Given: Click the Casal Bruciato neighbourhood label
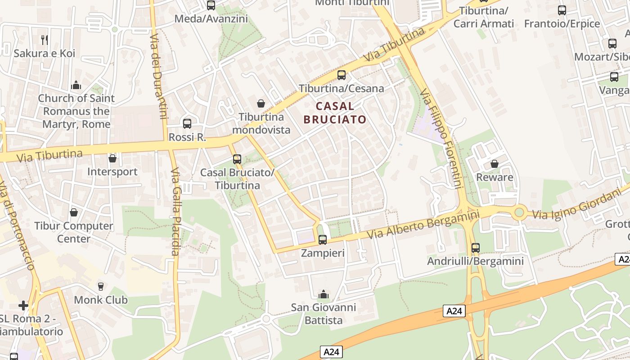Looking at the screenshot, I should [x=335, y=112].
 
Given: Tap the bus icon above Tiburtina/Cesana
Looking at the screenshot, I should [x=342, y=75].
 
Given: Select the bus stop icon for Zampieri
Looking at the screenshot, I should [x=322, y=240].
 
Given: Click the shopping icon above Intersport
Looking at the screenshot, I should [x=112, y=158].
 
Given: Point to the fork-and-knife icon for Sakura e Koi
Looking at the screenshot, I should [x=44, y=40].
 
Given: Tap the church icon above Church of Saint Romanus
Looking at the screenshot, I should [x=76, y=85].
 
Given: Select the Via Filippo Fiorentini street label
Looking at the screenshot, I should [x=442, y=138].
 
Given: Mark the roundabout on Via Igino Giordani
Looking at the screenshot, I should [x=520, y=211].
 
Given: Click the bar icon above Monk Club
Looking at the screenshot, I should [x=100, y=287].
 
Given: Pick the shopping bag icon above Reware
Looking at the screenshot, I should [x=494, y=164].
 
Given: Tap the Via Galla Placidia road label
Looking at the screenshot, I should [x=175, y=211].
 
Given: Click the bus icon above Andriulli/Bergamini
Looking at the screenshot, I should [x=475, y=247].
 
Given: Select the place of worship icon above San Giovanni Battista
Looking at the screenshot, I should [x=323, y=295].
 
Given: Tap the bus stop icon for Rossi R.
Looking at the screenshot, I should [x=187, y=123].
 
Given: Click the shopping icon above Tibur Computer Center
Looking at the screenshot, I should [x=73, y=212].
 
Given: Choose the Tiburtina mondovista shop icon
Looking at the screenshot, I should [x=261, y=104].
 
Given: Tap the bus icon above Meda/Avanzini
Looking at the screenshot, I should [x=211, y=5].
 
